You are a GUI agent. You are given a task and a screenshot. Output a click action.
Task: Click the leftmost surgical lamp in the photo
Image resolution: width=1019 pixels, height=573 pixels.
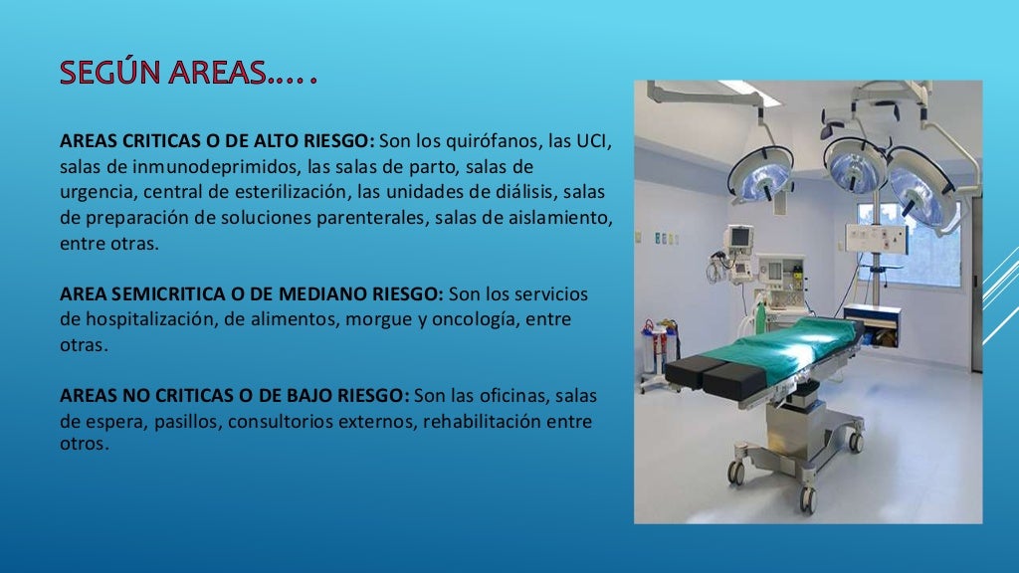[760, 176]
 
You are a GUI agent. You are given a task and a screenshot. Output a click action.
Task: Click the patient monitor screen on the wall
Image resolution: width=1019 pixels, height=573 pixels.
[737, 238]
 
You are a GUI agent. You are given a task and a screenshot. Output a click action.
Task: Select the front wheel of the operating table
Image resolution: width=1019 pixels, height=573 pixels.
[736, 472]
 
